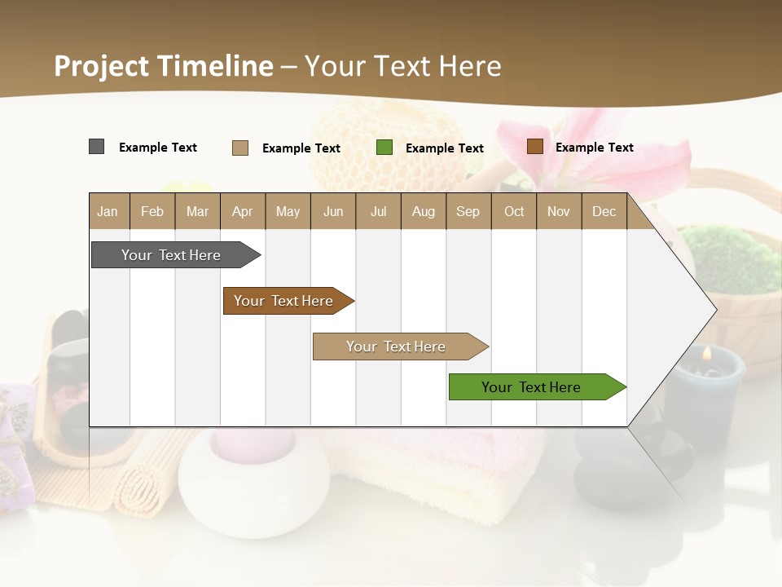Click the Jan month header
tap(108, 211)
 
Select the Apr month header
tap(242, 211)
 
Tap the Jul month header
tap(378, 211)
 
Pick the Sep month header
tap(468, 211)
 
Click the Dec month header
tap(604, 211)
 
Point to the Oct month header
tap(513, 211)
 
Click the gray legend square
tap(96, 147)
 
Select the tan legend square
tap(239, 148)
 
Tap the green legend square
tap(384, 148)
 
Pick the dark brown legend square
tap(534, 147)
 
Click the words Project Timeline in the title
tap(164, 66)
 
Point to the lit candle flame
tap(706, 354)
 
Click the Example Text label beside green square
tap(445, 148)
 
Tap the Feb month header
tap(152, 211)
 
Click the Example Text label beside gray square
tap(158, 148)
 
